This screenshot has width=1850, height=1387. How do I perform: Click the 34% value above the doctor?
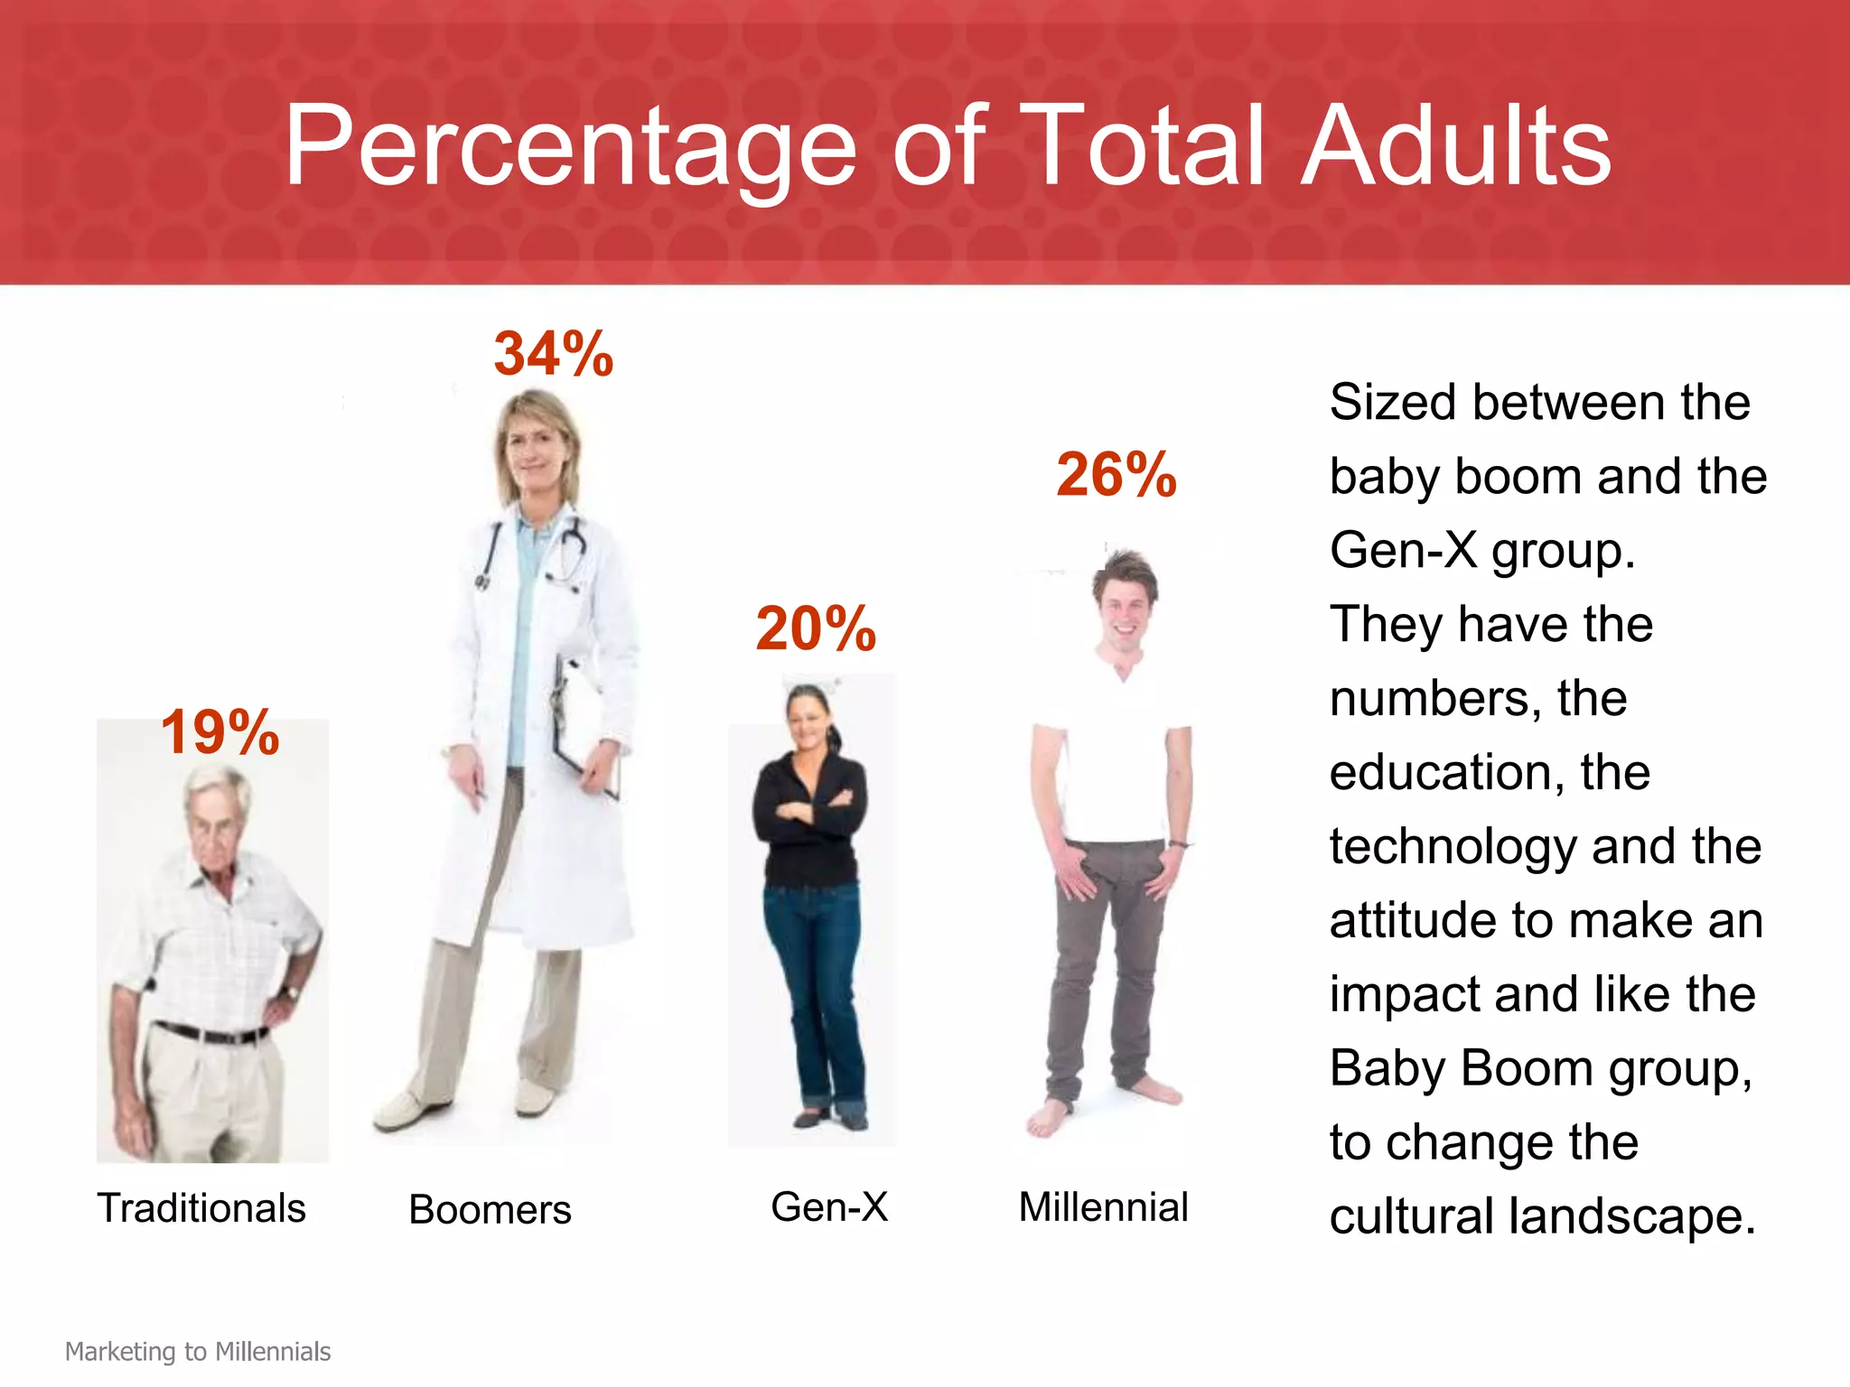(x=553, y=354)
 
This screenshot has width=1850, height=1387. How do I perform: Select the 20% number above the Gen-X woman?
(x=816, y=628)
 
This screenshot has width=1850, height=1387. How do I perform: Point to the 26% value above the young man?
(x=1117, y=475)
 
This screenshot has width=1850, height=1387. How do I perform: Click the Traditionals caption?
(x=201, y=1208)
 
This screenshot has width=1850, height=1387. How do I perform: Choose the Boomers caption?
(x=490, y=1210)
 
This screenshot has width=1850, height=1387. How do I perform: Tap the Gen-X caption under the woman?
(x=829, y=1207)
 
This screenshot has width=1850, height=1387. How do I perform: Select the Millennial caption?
(x=1103, y=1207)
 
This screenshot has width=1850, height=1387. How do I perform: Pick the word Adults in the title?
(x=1456, y=147)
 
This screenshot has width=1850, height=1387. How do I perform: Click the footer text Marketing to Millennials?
(x=198, y=1352)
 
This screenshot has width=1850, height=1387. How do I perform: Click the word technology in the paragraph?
(x=1453, y=847)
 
